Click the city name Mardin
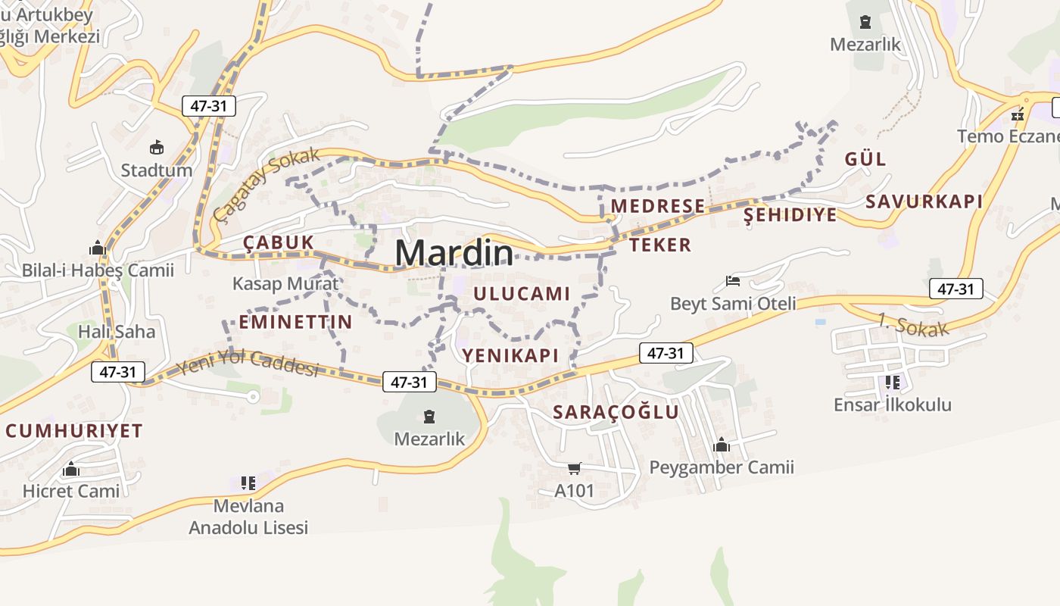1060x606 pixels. [x=454, y=252]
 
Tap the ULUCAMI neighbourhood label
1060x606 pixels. [x=521, y=294]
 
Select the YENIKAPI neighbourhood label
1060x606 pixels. [x=510, y=355]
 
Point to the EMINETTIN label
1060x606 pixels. [x=295, y=322]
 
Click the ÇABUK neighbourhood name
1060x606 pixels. [x=278, y=242]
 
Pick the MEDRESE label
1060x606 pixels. [x=658, y=206]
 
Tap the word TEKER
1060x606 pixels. [x=660, y=245]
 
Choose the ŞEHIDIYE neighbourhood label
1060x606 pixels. [x=790, y=215]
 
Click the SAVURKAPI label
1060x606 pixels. [x=924, y=201]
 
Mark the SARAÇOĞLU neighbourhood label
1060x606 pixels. [x=616, y=412]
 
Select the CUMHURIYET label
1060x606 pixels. [x=74, y=431]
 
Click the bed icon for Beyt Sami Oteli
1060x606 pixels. [x=732, y=281]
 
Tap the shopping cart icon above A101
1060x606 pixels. [x=575, y=468]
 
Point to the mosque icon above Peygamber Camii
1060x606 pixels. [x=722, y=445]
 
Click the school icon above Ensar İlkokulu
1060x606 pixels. [x=892, y=383]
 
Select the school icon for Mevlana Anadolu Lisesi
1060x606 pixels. [x=248, y=483]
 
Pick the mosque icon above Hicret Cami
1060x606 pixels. [x=71, y=469]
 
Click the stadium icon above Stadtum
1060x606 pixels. [x=157, y=147]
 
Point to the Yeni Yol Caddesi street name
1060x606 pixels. [x=247, y=364]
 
